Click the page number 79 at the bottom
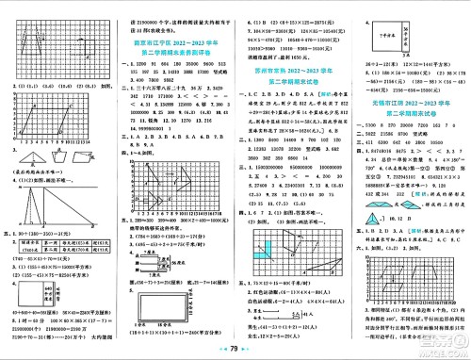click(x=235, y=348)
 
